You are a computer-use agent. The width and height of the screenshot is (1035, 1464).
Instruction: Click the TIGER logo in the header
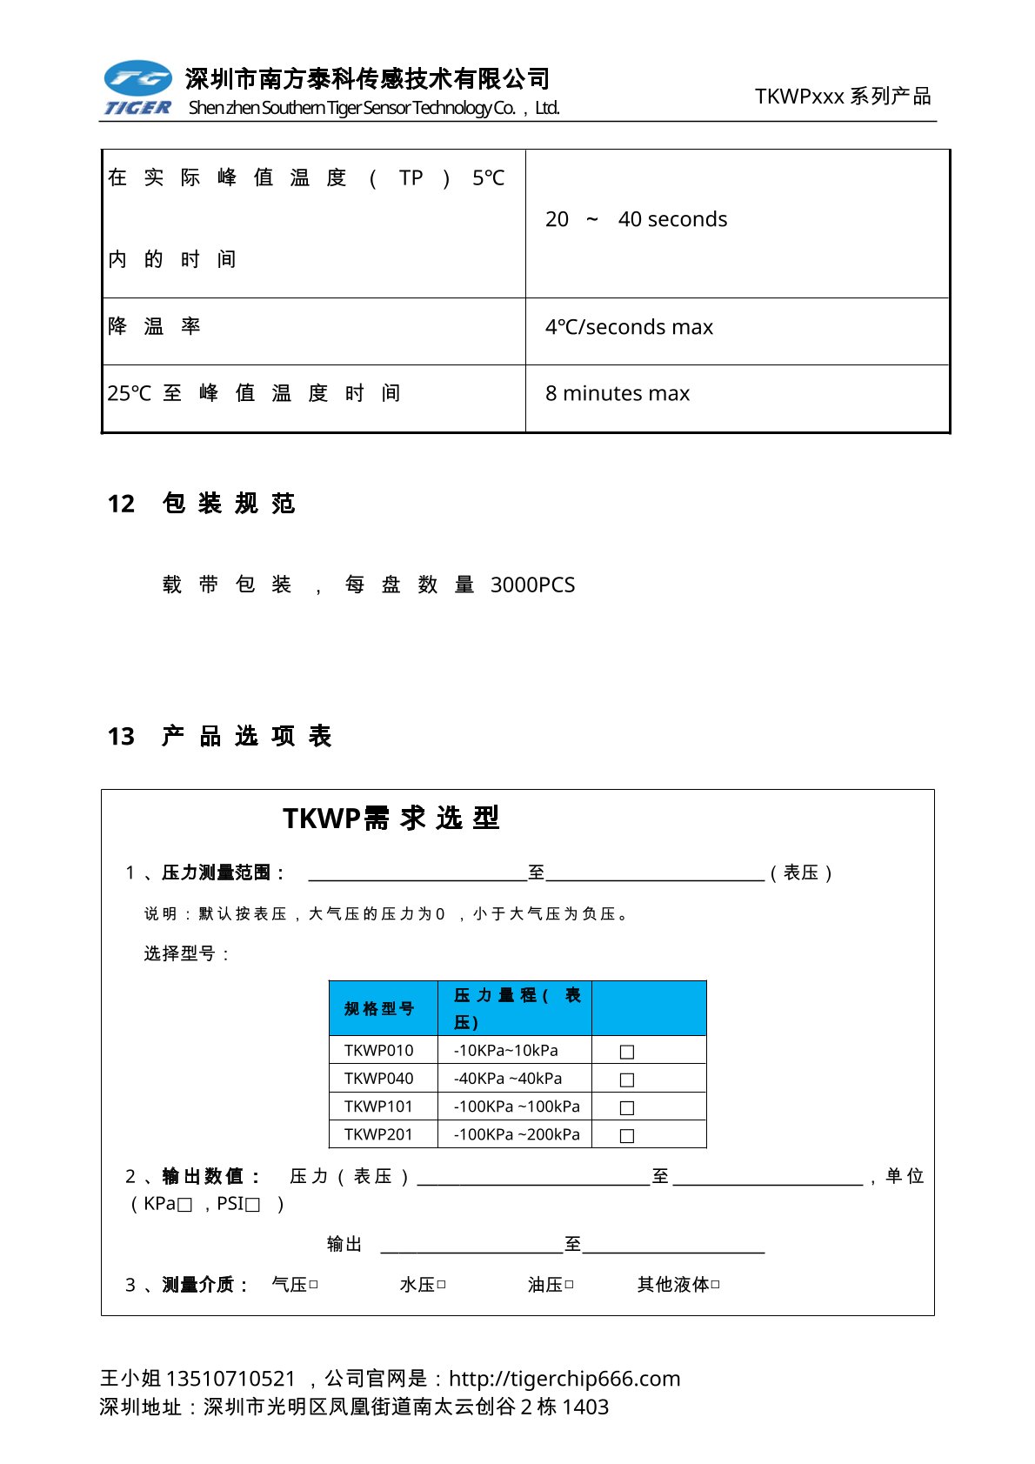(x=137, y=88)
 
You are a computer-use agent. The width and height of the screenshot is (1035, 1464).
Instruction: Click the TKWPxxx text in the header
(x=799, y=97)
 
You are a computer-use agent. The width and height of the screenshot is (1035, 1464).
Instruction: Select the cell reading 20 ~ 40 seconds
(x=637, y=220)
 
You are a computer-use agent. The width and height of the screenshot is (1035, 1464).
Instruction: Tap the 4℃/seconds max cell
(x=629, y=328)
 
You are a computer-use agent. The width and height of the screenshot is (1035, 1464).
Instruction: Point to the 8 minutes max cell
(x=618, y=394)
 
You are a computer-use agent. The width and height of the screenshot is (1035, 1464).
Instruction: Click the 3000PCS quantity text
(x=532, y=585)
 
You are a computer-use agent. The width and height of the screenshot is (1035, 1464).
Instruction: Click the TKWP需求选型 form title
(x=391, y=819)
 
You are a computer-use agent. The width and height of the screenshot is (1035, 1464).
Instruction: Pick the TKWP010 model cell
(x=379, y=1051)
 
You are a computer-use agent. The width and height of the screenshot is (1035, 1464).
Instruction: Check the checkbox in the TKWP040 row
(x=627, y=1080)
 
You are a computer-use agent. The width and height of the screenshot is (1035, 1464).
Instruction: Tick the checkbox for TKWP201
(x=627, y=1136)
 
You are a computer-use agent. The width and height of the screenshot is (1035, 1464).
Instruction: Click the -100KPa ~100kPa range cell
(x=517, y=1107)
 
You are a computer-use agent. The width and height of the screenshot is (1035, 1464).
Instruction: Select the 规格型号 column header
(x=379, y=1009)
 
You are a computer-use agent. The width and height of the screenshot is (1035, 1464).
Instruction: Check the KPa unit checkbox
(x=184, y=1206)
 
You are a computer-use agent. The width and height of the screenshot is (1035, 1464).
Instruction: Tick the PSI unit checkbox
(x=253, y=1206)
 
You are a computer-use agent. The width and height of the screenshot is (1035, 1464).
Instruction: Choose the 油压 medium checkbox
(x=569, y=1285)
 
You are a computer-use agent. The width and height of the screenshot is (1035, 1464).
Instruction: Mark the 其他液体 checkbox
(x=715, y=1285)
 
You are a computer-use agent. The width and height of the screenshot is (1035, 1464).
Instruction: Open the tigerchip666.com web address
(x=564, y=1379)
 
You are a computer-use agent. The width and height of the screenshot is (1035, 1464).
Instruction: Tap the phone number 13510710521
(x=230, y=1379)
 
